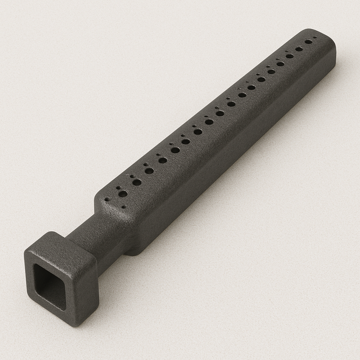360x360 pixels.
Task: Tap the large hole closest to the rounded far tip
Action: (308, 41)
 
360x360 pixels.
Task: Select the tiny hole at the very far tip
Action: (315, 37)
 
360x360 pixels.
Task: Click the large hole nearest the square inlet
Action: (123, 194)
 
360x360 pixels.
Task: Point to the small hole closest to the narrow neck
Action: (107, 199)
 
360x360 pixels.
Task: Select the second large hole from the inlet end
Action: (137, 182)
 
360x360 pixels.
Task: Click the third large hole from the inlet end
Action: (149, 171)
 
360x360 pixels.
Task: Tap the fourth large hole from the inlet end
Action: (163, 160)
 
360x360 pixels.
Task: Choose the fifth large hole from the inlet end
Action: (175, 150)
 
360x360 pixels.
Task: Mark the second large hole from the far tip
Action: (299, 49)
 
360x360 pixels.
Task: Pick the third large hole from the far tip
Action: (290, 56)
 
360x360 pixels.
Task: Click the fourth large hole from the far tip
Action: (281, 64)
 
